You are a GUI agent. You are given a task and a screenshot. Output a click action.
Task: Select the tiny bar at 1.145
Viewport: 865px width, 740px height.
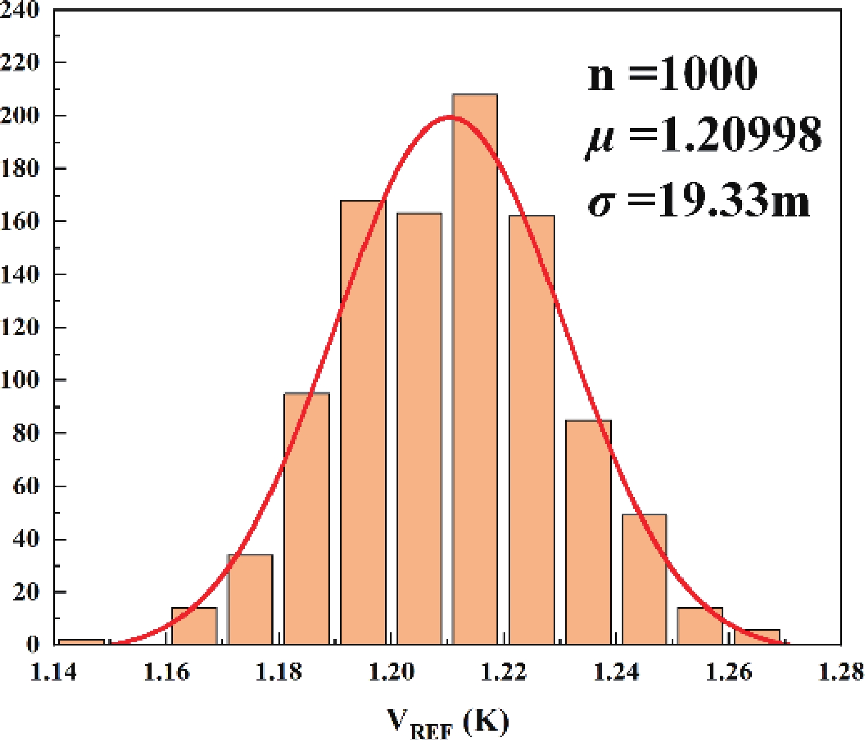point(81,641)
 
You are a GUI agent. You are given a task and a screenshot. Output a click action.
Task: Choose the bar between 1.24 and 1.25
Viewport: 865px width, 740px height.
point(644,579)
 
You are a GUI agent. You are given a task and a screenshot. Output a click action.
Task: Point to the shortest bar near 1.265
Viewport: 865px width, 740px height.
point(757,637)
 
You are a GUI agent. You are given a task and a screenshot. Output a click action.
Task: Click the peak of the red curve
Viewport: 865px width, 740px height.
point(450,116)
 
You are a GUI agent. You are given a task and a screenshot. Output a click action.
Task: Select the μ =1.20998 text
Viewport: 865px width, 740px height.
point(704,136)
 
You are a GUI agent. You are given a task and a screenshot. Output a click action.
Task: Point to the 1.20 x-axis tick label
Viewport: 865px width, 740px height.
point(391,672)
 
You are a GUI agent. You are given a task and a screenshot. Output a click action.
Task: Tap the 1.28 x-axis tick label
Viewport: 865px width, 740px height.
point(841,672)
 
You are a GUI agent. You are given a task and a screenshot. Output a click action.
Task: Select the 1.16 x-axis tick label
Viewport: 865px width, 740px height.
point(166,672)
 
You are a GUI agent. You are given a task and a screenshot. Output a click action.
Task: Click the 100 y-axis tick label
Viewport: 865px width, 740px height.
point(20,380)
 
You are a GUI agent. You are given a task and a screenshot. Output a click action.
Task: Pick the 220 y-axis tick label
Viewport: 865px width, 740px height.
point(20,62)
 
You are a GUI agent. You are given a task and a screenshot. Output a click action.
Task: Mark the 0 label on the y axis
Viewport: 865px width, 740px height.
point(33,644)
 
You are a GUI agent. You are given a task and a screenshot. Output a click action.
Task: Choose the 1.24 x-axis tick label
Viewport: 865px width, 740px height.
point(616,672)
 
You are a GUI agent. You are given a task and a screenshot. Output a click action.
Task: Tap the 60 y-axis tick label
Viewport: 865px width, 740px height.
point(26,486)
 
